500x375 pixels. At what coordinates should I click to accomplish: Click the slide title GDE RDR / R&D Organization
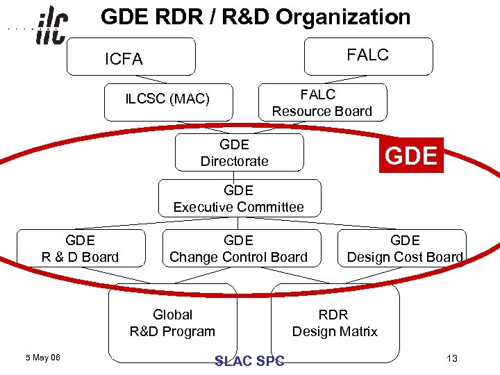click(256, 17)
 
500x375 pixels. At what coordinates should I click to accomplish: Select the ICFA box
click(131, 57)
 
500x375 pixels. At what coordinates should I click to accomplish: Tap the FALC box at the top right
click(368, 56)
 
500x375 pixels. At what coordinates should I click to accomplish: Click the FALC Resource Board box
click(322, 103)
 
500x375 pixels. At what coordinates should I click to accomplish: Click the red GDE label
click(411, 156)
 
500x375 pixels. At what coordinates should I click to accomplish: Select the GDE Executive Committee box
click(239, 198)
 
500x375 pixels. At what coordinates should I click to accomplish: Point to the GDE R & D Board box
click(81, 249)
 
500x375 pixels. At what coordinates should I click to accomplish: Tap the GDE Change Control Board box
click(238, 249)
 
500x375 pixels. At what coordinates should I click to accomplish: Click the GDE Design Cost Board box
click(405, 249)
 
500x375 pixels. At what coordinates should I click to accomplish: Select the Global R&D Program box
click(173, 323)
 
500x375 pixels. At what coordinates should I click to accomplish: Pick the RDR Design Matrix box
click(335, 323)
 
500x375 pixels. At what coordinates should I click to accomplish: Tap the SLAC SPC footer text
click(249, 360)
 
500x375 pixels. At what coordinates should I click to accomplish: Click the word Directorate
click(235, 161)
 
